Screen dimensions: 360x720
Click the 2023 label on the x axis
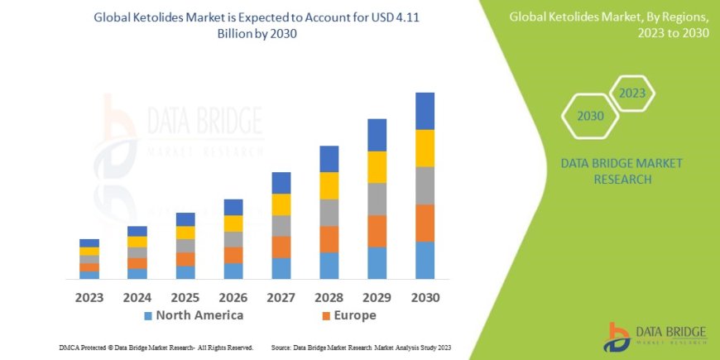89,296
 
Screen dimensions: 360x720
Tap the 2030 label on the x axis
425,296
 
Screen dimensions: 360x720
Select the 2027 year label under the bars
281,296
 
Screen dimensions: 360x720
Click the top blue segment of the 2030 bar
425,111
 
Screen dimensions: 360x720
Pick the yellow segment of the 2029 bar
377,167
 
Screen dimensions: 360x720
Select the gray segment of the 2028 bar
329,213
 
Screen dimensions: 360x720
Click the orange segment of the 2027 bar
281,247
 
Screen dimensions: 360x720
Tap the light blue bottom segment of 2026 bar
233,271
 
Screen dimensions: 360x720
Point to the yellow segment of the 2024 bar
137,242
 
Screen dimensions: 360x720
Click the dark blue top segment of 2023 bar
89,242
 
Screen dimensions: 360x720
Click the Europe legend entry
355,315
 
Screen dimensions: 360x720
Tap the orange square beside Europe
326,316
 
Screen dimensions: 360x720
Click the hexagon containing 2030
590,116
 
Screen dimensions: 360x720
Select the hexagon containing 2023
631,94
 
